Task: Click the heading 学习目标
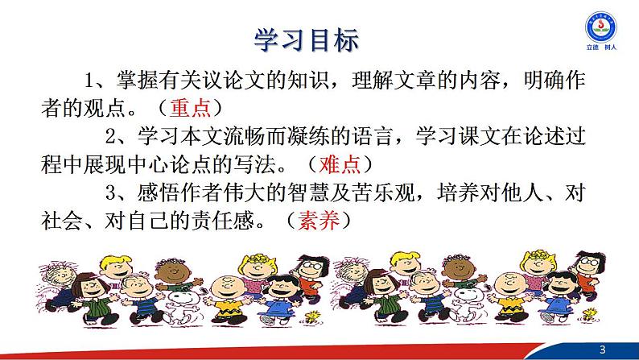305,38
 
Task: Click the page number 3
621,347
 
